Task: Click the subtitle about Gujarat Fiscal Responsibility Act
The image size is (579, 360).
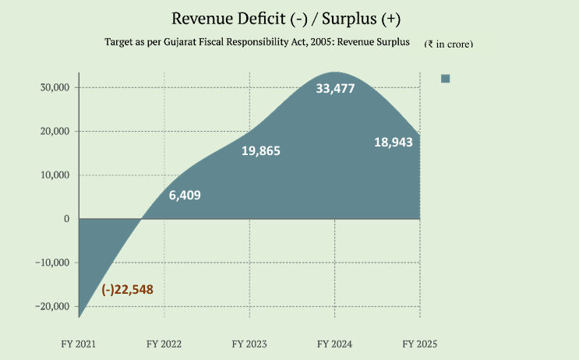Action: tap(257, 43)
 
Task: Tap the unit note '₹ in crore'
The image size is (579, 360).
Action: tap(448, 44)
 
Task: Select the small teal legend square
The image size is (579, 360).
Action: tap(446, 78)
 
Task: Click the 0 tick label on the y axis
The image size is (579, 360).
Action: tap(67, 219)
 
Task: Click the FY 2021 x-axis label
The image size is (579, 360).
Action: tap(79, 343)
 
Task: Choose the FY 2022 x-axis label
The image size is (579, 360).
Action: tap(164, 343)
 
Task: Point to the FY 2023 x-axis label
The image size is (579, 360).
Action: tap(250, 343)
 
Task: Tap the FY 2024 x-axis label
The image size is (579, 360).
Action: tap(335, 343)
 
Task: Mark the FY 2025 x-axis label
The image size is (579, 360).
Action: tap(420, 343)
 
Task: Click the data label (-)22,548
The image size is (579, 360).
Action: tap(127, 290)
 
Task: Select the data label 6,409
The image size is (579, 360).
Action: tap(185, 195)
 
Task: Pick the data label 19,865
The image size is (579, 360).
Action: tap(260, 151)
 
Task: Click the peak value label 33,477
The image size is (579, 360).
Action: tap(335, 89)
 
